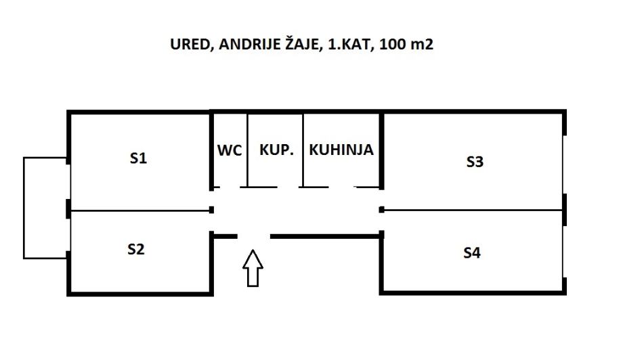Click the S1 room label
[x=138, y=159]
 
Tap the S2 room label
[x=136, y=249]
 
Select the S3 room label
[x=475, y=162]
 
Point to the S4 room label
[x=472, y=253]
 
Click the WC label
[x=230, y=150]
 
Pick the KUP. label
[x=276, y=150]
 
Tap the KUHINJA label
[x=341, y=150]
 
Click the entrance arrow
[x=253, y=267]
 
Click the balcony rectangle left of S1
[x=45, y=208]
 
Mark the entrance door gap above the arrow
[x=253, y=236]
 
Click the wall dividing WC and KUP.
[x=247, y=150]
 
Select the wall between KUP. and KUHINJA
[x=303, y=150]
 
